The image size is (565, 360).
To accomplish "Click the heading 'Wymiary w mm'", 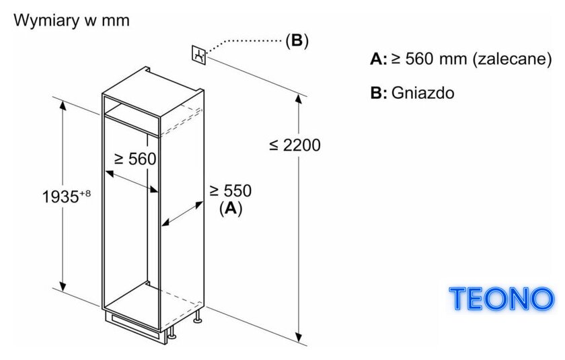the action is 71,20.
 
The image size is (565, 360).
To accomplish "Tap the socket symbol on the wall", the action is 198,55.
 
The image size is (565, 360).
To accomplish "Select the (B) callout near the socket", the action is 297,40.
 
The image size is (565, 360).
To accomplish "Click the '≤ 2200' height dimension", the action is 295,145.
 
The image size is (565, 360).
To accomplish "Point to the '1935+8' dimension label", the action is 67,196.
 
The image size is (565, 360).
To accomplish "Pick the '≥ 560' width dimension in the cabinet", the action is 135,159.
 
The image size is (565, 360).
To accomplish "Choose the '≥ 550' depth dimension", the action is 231,190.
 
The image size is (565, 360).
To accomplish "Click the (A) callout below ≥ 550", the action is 231,209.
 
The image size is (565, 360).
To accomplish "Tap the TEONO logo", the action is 501,299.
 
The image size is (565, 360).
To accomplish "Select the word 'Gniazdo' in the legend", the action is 422,93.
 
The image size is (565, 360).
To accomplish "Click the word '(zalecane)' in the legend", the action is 512,59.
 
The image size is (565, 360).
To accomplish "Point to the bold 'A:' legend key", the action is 378,59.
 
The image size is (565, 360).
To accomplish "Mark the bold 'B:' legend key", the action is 379,93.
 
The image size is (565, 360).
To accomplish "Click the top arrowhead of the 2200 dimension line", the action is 299,98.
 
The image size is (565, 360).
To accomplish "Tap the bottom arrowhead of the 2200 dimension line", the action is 299,336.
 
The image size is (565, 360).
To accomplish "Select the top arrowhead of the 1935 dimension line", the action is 63,106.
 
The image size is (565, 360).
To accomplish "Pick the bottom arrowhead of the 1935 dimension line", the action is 63,286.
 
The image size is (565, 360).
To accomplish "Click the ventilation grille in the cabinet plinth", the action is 136,323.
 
